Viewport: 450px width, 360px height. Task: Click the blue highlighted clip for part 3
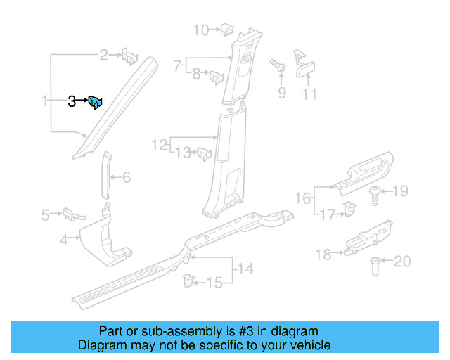click(96, 103)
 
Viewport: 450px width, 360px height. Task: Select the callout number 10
click(200, 30)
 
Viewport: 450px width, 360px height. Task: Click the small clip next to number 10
click(227, 30)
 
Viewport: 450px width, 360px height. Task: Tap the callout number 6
click(127, 178)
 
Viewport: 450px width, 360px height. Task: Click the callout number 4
click(64, 240)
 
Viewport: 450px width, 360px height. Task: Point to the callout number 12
click(159, 145)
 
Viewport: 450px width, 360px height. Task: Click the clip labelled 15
click(188, 281)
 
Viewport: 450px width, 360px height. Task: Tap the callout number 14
click(244, 268)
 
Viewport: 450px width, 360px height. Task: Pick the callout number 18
click(323, 255)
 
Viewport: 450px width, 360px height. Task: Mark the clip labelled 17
click(348, 207)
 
